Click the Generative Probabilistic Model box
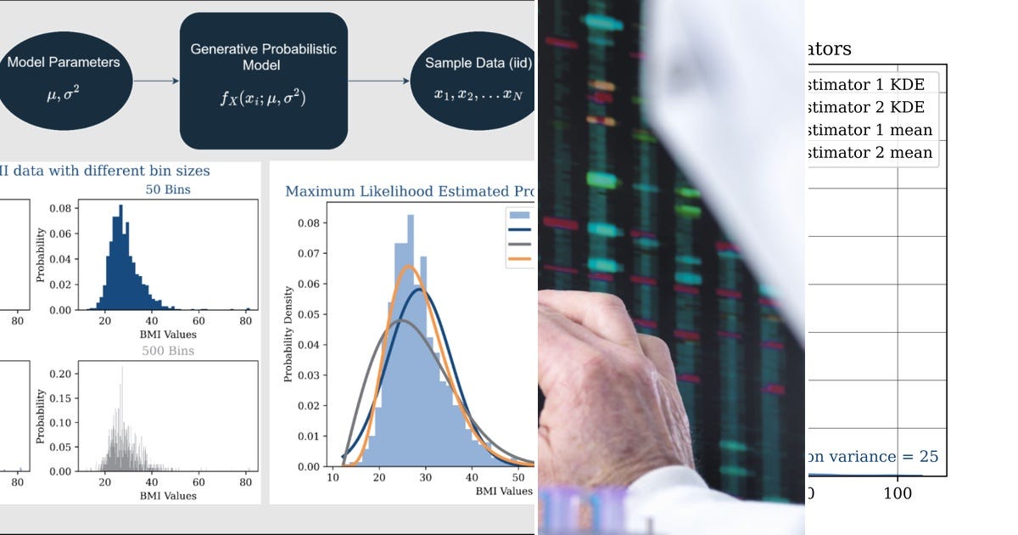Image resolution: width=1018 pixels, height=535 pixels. (263, 81)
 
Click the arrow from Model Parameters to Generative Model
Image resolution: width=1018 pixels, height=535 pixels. (156, 81)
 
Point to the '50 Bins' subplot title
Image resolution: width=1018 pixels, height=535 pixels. (167, 189)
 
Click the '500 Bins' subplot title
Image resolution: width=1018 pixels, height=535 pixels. (167, 351)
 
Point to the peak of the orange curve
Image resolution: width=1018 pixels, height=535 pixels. (410, 267)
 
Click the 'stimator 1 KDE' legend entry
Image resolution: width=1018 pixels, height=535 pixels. (870, 85)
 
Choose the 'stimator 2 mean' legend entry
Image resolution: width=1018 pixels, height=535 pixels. (870, 153)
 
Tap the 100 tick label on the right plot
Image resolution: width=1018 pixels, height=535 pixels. (897, 493)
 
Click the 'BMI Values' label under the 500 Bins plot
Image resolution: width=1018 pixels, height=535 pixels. (168, 496)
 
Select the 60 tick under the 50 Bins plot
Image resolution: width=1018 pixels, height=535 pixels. (199, 322)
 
